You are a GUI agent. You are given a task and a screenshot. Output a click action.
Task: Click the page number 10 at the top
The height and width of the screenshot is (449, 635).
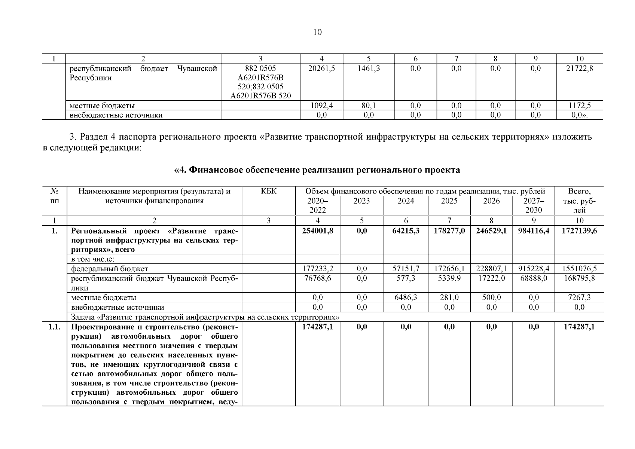(317, 32)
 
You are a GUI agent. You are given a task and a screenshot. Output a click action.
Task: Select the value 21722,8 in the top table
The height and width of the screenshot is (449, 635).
(579, 68)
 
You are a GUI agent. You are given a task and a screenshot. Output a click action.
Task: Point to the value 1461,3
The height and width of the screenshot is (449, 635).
(368, 68)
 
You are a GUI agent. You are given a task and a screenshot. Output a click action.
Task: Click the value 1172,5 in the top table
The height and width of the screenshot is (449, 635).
(579, 106)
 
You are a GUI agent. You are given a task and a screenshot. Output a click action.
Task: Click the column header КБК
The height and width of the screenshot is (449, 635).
(268, 191)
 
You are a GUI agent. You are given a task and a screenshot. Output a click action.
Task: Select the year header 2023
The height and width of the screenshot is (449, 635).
(361, 201)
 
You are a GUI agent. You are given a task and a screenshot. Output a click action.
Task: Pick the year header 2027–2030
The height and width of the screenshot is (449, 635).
(534, 205)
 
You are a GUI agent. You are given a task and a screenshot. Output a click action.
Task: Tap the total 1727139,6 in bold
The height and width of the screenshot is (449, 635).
(579, 231)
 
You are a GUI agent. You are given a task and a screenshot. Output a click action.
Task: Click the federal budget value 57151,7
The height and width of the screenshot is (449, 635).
(406, 269)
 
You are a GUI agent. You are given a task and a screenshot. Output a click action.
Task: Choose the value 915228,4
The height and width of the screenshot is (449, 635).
(534, 269)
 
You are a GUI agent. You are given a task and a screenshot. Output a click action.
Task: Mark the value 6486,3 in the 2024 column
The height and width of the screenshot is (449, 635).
(406, 297)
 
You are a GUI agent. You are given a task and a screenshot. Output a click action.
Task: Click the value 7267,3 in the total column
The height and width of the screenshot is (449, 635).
(579, 297)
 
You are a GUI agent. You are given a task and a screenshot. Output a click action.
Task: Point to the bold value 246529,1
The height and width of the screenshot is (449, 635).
(491, 231)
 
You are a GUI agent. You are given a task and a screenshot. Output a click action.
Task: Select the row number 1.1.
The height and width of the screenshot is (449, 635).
(55, 327)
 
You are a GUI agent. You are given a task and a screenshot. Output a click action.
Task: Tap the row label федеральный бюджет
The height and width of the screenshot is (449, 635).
(110, 269)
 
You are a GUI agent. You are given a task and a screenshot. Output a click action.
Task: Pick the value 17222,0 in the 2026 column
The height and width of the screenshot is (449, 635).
(491, 278)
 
